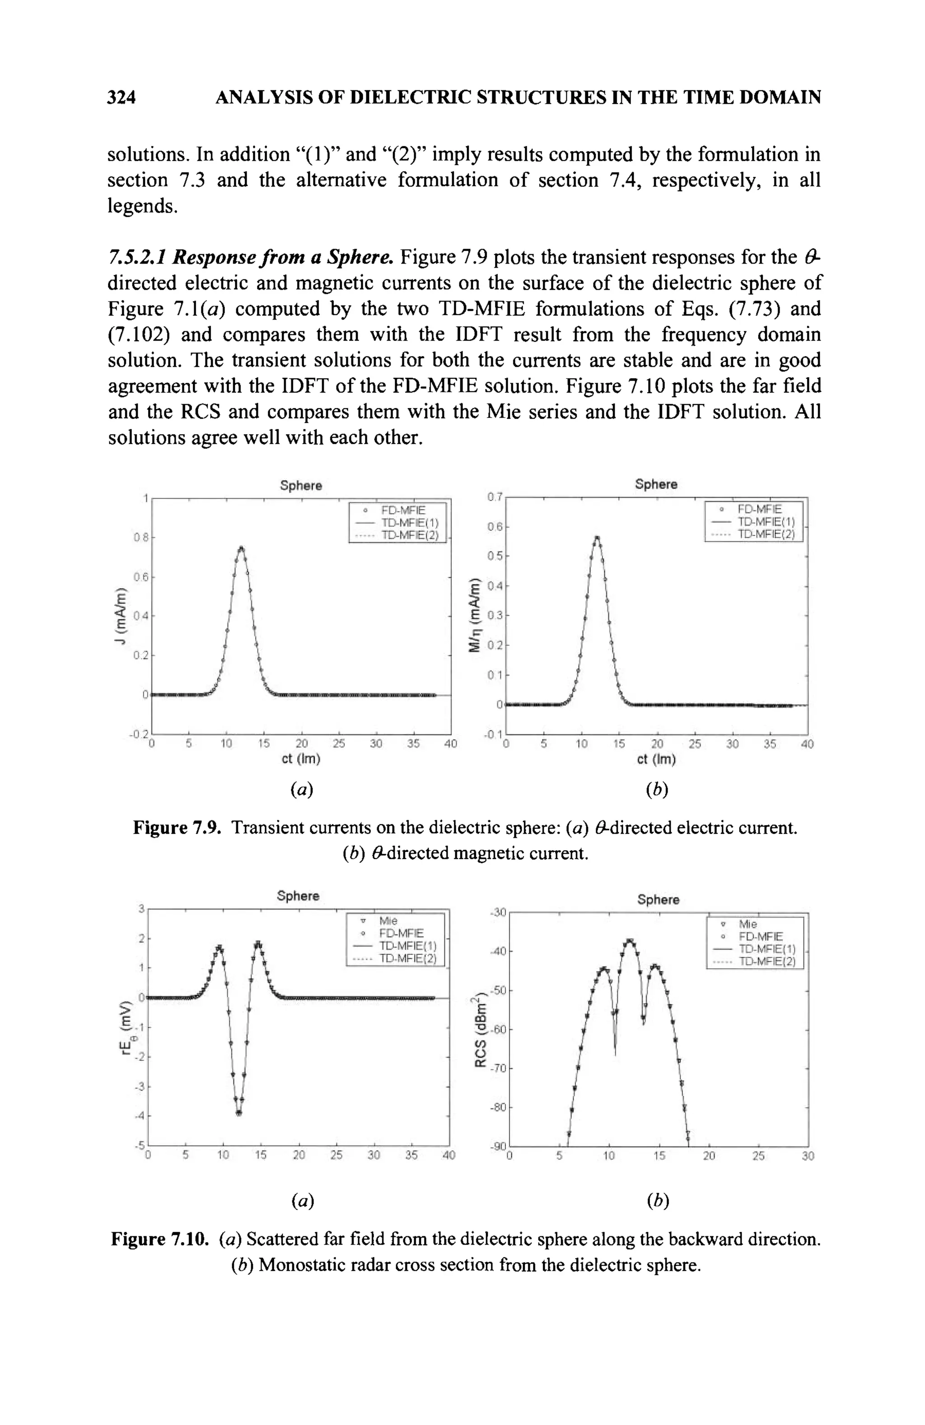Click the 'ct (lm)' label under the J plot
(301, 759)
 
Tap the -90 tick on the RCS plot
(498, 1146)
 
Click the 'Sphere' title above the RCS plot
(658, 900)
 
